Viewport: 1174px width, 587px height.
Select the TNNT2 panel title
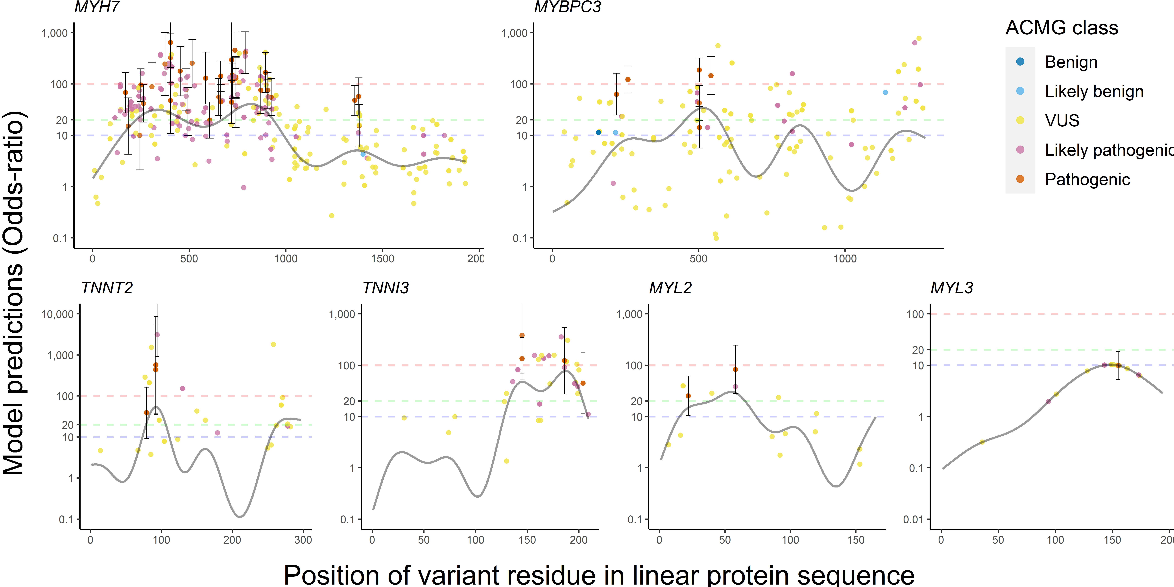pyautogui.click(x=107, y=288)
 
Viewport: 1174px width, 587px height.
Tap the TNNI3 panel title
pyautogui.click(x=386, y=288)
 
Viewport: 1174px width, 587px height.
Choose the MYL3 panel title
pyautogui.click(x=952, y=288)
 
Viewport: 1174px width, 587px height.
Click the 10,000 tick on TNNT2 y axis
pyautogui.click(x=58, y=314)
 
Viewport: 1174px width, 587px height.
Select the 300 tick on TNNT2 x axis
pyautogui.click(x=303, y=540)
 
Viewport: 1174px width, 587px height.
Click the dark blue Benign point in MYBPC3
pyautogui.click(x=598, y=133)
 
